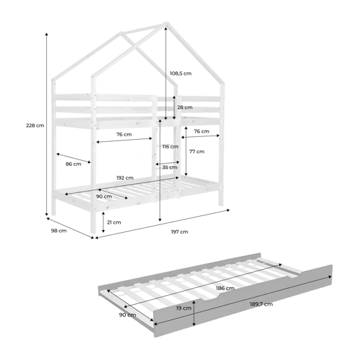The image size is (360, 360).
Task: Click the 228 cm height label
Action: pyautogui.click(x=35, y=125)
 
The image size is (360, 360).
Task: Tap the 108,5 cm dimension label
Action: pyautogui.click(x=180, y=73)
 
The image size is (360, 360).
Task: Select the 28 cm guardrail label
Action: pyautogui.click(x=185, y=108)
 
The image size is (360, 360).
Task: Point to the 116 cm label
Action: pyautogui.click(x=171, y=147)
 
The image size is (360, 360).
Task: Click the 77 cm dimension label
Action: pyautogui.click(x=197, y=152)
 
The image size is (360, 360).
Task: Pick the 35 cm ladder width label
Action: pyautogui.click(x=170, y=167)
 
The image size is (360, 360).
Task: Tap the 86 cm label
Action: pyautogui.click(x=73, y=164)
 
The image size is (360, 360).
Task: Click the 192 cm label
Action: pyautogui.click(x=125, y=178)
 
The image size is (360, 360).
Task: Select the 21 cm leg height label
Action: pyautogui.click(x=114, y=222)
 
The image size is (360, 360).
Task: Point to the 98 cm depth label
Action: pyautogui.click(x=59, y=231)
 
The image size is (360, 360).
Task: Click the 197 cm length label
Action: pyautogui.click(x=180, y=232)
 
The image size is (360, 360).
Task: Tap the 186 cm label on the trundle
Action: pyautogui.click(x=225, y=288)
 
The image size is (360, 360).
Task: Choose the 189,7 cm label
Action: pyautogui.click(x=261, y=304)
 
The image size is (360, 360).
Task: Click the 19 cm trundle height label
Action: pyautogui.click(x=184, y=308)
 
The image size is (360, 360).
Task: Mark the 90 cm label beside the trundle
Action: pyautogui.click(x=127, y=315)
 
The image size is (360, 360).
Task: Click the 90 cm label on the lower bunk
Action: pyautogui.click(x=104, y=196)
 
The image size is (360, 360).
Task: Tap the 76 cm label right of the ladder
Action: pyautogui.click(x=201, y=131)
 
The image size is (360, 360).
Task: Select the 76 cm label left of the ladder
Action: pyautogui.click(x=124, y=134)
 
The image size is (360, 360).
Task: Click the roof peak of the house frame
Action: pyautogui.click(x=166, y=23)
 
